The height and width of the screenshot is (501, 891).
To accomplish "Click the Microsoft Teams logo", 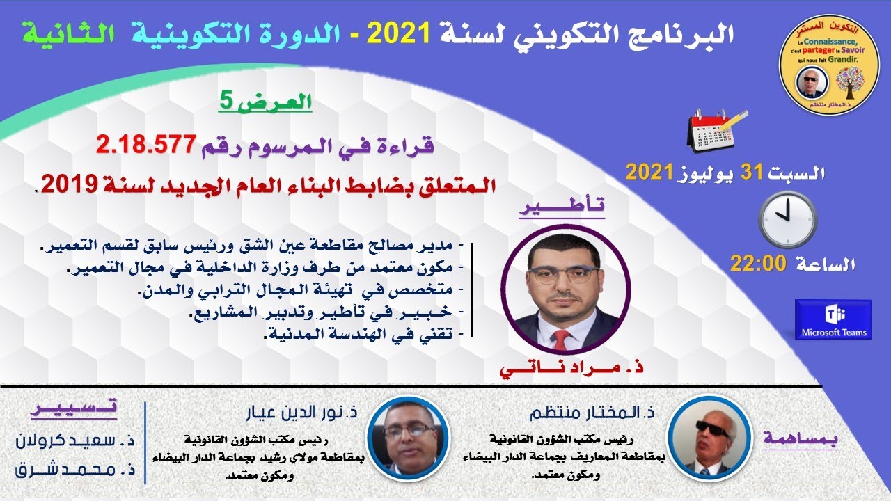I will point(833,319).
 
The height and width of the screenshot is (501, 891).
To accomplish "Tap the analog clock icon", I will point(788,218).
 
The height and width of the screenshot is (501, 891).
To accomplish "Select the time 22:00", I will point(757,264).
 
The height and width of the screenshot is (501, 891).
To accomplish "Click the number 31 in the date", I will point(752,171).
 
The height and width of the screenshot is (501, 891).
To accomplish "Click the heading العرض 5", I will point(267,103).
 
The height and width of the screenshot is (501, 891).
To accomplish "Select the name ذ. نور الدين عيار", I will point(300,413).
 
